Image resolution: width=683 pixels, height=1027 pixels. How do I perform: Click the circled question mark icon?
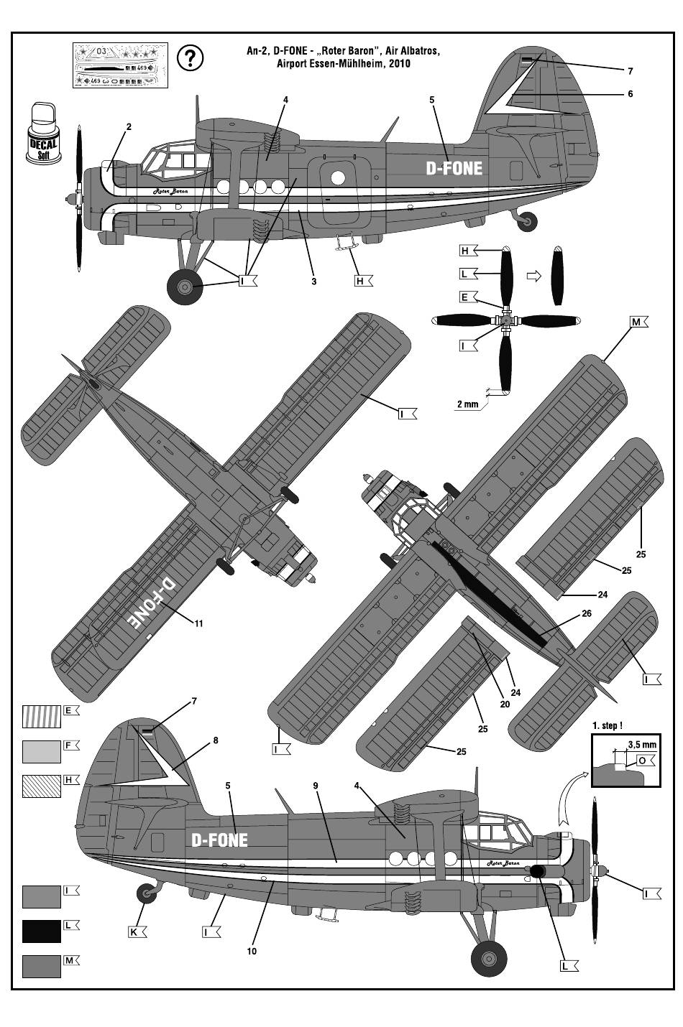[189, 57]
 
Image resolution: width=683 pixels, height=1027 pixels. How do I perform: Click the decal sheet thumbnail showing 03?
[120, 65]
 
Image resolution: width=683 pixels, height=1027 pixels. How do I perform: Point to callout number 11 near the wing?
[198, 623]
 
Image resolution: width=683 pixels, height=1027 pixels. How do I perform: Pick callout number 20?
[505, 705]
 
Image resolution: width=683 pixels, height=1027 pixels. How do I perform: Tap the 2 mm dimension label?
[467, 404]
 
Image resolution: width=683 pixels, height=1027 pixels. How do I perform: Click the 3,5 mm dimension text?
[641, 745]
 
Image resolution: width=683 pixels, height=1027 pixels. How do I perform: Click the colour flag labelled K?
[135, 932]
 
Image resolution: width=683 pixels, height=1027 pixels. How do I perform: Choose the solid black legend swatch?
[41, 931]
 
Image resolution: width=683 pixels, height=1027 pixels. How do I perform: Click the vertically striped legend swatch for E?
[41, 717]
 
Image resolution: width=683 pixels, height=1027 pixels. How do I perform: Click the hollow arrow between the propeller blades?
[533, 276]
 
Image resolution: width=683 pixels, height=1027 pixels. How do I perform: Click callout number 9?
[315, 786]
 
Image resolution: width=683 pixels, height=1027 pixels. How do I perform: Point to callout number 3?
[314, 282]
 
